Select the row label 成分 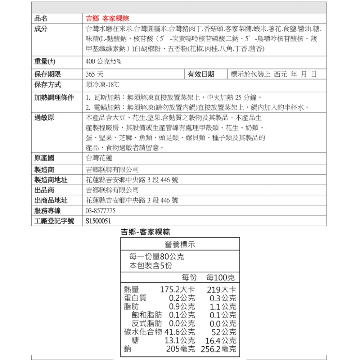(x=41, y=29)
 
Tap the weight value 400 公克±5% (x=104, y=62)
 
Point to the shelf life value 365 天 (x=95, y=75)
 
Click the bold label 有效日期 (x=201, y=75)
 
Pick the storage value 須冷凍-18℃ (x=102, y=85)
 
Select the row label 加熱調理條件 (x=54, y=98)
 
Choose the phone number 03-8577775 (x=101, y=211)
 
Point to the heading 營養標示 (x=180, y=244)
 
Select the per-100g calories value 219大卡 (x=221, y=289)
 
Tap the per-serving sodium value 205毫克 (x=180, y=349)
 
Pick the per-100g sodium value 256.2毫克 (x=219, y=349)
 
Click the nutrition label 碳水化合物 (x=143, y=332)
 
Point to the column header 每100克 (x=220, y=278)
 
